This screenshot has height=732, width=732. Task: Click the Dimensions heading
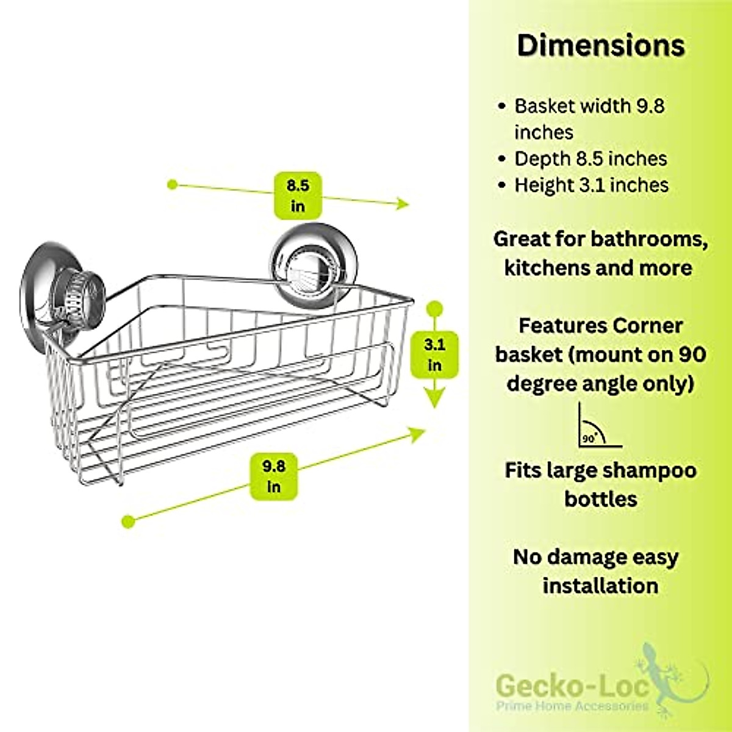[601, 46]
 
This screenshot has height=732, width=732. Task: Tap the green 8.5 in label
[298, 195]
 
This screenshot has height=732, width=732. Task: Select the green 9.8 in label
[274, 476]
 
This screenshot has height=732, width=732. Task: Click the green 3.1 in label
[434, 355]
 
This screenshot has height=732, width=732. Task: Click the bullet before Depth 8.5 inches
[502, 159]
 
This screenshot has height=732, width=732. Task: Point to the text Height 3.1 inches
[591, 185]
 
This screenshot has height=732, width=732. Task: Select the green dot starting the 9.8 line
[128, 521]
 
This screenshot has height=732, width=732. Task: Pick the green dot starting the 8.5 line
[173, 184]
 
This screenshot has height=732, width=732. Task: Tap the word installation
[600, 586]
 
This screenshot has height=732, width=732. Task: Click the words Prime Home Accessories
[572, 706]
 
